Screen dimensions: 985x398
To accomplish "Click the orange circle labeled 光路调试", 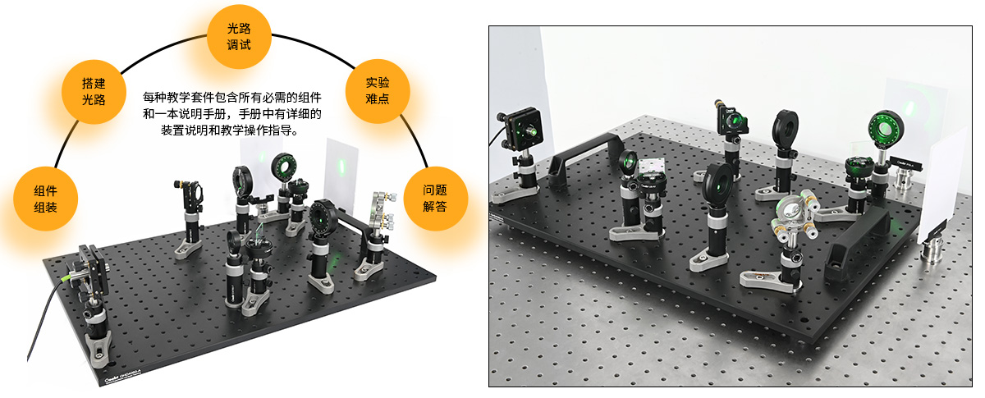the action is (239, 36).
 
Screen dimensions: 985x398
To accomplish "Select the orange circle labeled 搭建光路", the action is (94, 91).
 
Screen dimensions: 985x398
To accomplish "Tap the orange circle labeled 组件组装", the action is (45, 199).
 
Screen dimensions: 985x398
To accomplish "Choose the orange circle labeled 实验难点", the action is (378, 90).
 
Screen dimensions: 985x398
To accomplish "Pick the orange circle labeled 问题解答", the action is (435, 199).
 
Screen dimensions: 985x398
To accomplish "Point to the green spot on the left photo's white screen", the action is (341, 166).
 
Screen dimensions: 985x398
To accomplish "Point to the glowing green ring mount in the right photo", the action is (886, 126).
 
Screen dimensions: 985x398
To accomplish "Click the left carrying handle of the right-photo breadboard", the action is (584, 159).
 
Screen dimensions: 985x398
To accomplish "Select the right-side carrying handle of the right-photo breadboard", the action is (857, 238).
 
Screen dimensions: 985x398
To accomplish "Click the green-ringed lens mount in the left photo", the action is (284, 167).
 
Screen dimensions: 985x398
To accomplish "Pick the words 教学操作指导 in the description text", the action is (263, 130).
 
